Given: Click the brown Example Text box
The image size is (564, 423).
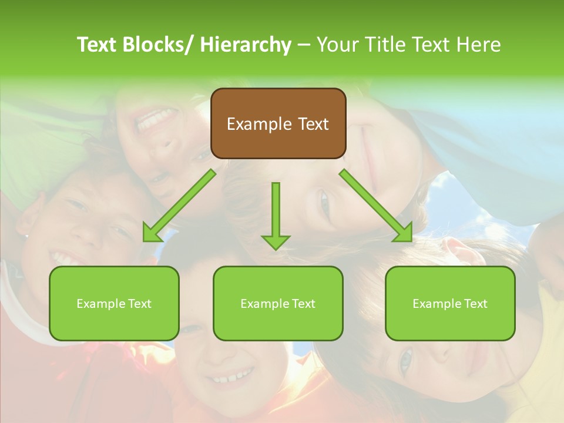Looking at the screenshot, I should tap(278, 123).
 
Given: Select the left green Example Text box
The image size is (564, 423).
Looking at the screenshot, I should tap(114, 303).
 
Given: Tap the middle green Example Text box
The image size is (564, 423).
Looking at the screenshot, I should tap(278, 303).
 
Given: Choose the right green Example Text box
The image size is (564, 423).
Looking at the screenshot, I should tap(450, 303).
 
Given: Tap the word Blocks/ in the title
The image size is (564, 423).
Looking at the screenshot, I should tap(157, 45).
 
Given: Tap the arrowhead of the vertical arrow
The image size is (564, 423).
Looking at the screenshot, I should tap(276, 241).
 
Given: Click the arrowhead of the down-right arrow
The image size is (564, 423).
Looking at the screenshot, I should tap(404, 233).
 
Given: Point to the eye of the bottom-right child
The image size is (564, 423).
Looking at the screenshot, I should tap(405, 360).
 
